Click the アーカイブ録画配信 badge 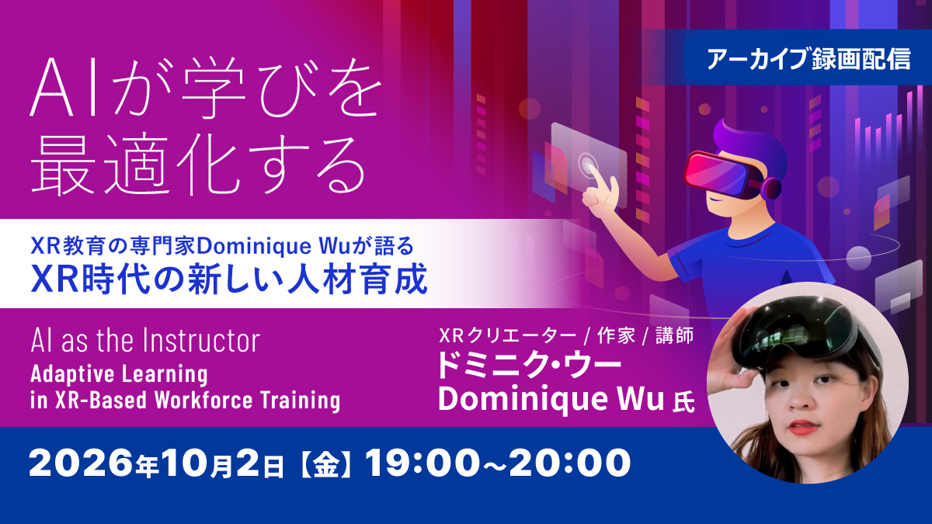click(x=808, y=58)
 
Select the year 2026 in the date click(x=81, y=463)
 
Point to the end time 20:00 click(x=570, y=463)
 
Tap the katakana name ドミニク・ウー click(x=529, y=366)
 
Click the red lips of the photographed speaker click(x=802, y=427)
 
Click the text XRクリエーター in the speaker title click(x=508, y=336)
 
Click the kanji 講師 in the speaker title click(x=674, y=336)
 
